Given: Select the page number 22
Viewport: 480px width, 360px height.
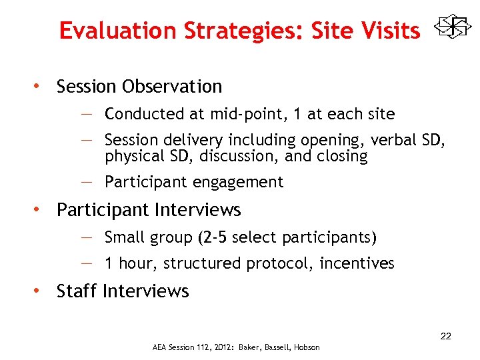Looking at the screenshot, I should tap(445, 336).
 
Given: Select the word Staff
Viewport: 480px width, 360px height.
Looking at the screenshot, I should tap(77, 291).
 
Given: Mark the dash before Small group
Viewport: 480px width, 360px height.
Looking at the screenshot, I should tap(89, 237).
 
